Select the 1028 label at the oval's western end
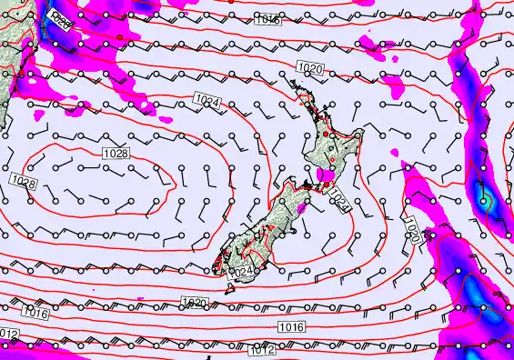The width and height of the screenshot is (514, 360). point(25,183)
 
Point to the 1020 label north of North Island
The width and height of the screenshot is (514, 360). point(310,68)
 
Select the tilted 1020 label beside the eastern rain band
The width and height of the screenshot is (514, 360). point(412,231)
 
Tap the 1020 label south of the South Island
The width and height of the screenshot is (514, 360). point(194,303)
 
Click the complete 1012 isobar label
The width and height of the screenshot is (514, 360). point(261,350)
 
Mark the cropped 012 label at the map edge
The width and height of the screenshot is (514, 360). point(8,335)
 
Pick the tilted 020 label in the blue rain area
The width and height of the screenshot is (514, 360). point(61,17)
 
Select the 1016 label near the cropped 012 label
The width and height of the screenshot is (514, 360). point(35,313)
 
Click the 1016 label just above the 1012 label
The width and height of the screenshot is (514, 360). point(291,326)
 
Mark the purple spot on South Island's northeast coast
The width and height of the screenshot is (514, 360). point(301,208)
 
